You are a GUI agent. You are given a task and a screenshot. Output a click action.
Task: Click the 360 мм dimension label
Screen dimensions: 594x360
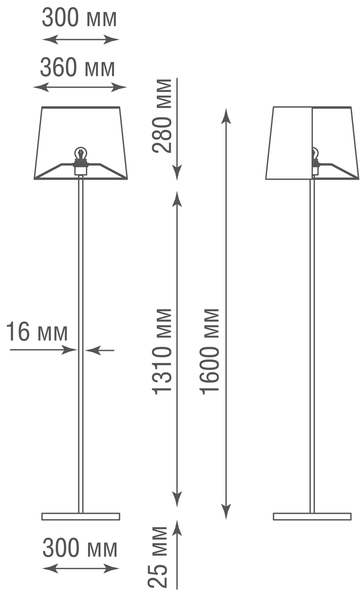[77, 68]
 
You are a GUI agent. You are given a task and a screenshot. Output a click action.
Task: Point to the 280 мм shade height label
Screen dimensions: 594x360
[162, 116]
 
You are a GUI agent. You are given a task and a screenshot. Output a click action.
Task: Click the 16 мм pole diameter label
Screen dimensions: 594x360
[37, 332]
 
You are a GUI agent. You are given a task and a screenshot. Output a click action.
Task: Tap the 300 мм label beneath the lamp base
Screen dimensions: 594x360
[80, 548]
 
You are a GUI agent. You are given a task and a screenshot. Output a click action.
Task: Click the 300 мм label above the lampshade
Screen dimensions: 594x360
[80, 18]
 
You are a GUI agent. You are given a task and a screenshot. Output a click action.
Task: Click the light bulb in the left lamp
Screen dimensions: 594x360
[80, 153]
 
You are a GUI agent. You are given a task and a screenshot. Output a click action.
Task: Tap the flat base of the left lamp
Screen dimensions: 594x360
[81, 516]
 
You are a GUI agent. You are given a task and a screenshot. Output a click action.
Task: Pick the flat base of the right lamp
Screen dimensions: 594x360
[312, 516]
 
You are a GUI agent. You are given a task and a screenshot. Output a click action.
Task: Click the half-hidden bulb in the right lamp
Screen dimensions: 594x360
[315, 154]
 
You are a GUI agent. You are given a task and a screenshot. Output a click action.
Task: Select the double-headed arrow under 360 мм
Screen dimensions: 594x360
[80, 88]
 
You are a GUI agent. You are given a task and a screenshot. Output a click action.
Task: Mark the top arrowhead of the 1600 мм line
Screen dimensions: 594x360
[226, 116]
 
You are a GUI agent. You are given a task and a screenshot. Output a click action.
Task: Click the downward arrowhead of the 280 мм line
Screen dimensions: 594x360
[177, 173]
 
